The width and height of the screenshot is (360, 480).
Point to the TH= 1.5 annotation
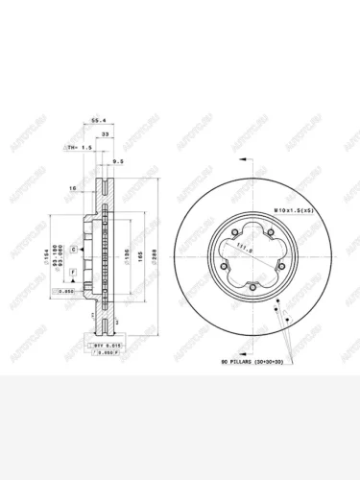[78, 149]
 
